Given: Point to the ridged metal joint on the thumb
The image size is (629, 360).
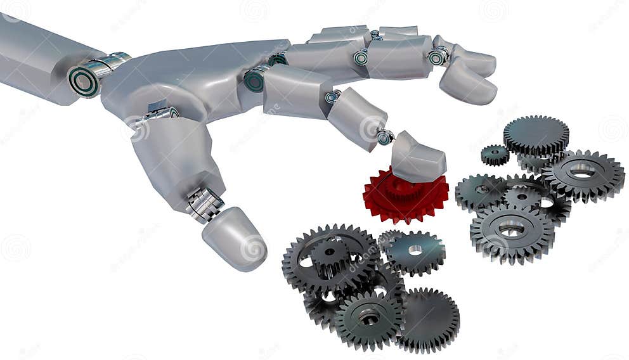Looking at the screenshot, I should coord(204,204).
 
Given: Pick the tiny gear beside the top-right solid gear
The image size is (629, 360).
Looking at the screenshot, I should coord(495,154).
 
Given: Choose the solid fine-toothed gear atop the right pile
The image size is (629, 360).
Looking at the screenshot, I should coord(536,135).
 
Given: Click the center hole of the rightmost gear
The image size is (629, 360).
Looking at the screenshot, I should coord(582,170).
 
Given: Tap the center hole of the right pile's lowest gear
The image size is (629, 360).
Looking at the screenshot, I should coord(511,229).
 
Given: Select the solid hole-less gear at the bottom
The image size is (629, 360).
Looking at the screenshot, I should coord(428,319).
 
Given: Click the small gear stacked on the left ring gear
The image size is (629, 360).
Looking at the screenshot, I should coord(330,254).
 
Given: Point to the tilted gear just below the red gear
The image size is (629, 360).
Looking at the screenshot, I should coord(415,251).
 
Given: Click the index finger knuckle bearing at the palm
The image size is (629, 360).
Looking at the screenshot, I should coord(255,80).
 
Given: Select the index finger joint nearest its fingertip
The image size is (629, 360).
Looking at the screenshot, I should coord(384,136).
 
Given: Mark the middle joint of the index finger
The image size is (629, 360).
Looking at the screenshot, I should coord(332,97).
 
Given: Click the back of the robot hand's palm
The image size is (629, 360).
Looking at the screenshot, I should coord(178,82).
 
